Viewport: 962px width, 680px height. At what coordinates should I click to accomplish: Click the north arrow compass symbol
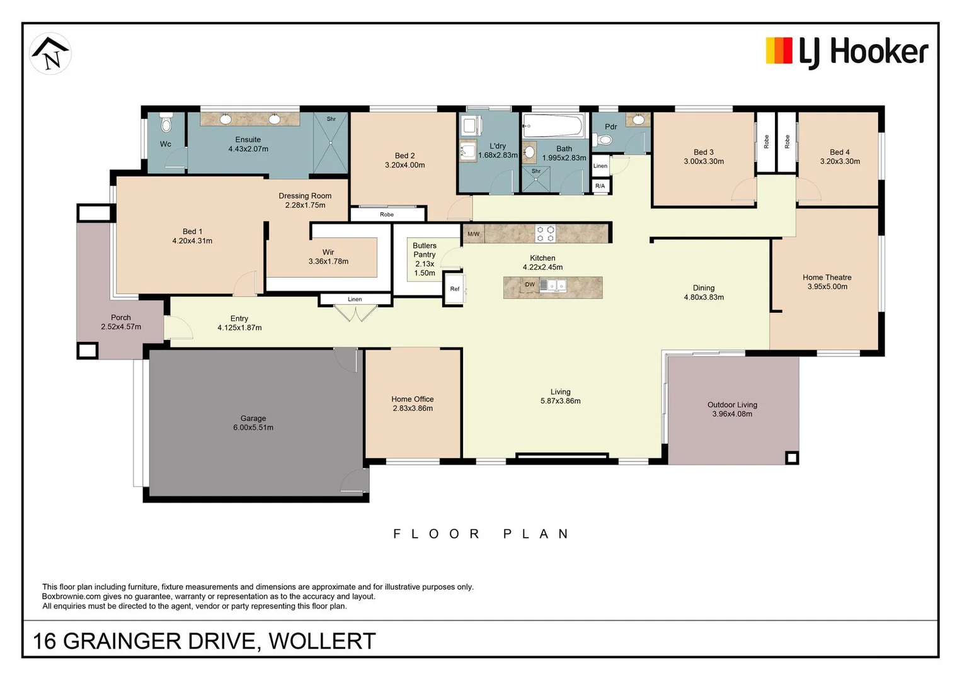click(50, 54)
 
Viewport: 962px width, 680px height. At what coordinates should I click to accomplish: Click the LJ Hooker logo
click(846, 52)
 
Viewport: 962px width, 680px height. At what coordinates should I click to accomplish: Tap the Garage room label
click(253, 418)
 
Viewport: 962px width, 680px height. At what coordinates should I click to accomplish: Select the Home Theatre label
click(827, 277)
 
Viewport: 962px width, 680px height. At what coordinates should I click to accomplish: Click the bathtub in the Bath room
click(553, 125)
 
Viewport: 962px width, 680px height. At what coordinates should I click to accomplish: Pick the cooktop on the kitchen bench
click(545, 234)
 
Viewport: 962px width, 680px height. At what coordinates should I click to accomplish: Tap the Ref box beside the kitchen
click(454, 289)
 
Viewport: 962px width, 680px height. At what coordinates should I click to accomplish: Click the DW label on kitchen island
click(530, 285)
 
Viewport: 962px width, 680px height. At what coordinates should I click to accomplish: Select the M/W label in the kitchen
click(473, 234)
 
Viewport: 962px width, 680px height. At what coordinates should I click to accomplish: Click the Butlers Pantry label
click(424, 250)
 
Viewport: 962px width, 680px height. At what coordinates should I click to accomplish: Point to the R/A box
click(600, 186)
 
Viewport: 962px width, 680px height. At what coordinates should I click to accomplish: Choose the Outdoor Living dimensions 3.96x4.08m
click(732, 414)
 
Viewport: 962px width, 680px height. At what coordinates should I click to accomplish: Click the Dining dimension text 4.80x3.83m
click(704, 297)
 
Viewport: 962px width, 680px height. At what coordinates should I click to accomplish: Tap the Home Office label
click(412, 399)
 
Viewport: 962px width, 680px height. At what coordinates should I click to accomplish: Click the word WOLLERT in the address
click(322, 641)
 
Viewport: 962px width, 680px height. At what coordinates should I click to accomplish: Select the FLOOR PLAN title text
click(481, 534)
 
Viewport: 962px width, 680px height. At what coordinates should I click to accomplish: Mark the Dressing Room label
click(305, 196)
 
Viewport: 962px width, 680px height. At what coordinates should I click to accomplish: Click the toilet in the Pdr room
click(604, 140)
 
